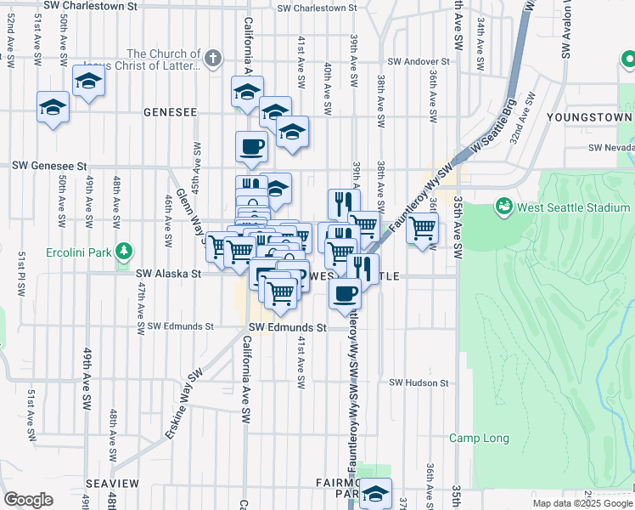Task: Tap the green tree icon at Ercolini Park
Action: pos(125,250)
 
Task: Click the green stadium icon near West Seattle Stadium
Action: pos(503,207)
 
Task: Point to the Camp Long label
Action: pos(480,439)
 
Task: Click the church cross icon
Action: pos(212,59)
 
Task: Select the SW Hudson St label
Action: pos(419,383)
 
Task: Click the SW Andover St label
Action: pos(418,62)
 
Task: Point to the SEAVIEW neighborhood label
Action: pos(112,483)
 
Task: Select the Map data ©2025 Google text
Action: pos(582,503)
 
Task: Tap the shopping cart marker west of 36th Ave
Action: pos(422,228)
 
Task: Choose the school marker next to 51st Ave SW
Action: pos(53,108)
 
